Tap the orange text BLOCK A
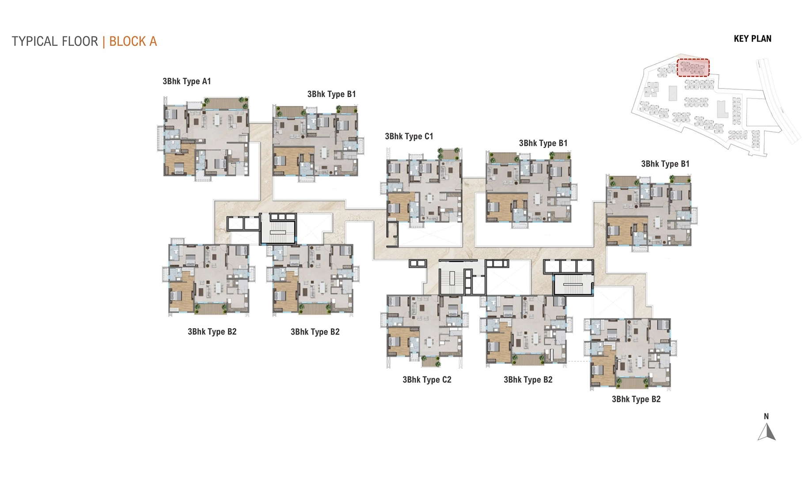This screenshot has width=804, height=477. [133, 42]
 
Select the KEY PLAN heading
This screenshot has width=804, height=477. [752, 39]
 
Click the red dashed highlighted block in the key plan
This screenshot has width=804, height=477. [693, 68]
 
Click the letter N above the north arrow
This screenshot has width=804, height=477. [766, 416]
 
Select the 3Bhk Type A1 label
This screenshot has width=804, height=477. [186, 81]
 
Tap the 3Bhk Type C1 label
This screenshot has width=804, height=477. [409, 136]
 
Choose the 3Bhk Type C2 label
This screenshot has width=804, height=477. [427, 380]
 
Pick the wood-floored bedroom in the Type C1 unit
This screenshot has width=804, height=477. [400, 206]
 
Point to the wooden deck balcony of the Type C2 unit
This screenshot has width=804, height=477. [430, 361]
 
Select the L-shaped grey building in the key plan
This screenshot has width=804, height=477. [722, 110]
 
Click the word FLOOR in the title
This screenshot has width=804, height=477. [80, 42]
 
